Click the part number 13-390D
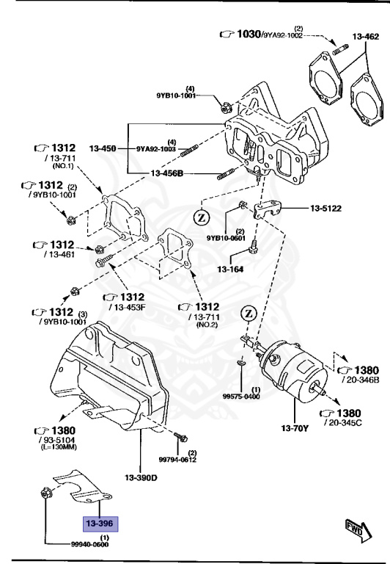tap(141, 478)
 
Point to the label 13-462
tap(365, 36)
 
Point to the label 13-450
tap(103, 148)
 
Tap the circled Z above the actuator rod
tap(249, 314)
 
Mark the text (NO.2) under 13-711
tap(197, 325)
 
